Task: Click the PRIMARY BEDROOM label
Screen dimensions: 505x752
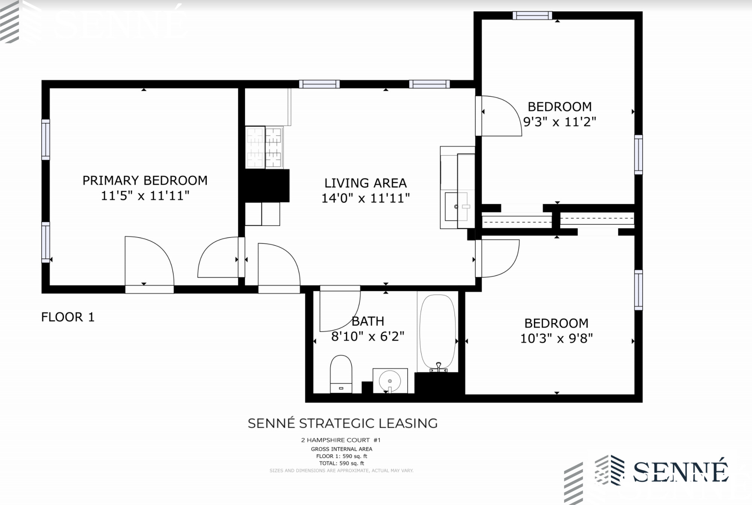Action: [x=145, y=181]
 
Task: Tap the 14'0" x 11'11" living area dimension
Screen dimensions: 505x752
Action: [x=365, y=198]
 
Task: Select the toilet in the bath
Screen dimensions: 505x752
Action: [x=341, y=374]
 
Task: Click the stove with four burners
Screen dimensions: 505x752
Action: [x=264, y=147]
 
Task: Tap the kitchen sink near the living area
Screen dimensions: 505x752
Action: [x=456, y=207]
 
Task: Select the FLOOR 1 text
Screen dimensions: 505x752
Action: [x=68, y=317]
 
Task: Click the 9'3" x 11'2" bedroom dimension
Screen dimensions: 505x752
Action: [x=559, y=122]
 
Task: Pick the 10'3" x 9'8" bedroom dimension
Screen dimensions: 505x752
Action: [x=556, y=338]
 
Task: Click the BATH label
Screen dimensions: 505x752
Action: [x=368, y=321]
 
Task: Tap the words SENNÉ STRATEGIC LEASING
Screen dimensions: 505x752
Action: [x=343, y=423]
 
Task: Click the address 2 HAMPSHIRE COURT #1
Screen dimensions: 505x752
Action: [x=341, y=440]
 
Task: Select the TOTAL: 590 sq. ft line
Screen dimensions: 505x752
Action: [x=341, y=463]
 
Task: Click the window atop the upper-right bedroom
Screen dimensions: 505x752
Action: [x=532, y=15]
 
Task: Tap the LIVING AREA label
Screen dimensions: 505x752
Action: [x=365, y=183]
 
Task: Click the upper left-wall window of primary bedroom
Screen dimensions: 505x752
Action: [x=45, y=140]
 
